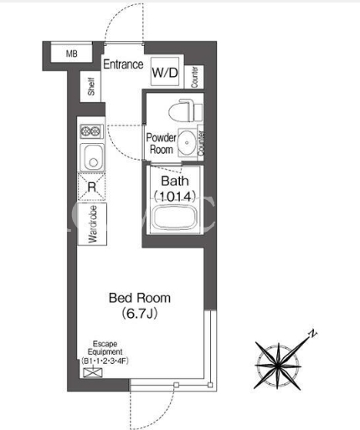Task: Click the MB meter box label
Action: (72, 54)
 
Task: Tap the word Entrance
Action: (123, 64)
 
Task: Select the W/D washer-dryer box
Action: (165, 72)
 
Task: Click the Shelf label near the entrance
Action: (91, 86)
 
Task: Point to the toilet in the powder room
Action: (185, 110)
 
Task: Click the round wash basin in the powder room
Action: (187, 143)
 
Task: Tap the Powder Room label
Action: (162, 144)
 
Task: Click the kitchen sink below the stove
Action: (92, 157)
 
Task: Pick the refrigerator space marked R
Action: (91, 187)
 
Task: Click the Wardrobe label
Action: (93, 224)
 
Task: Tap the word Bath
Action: (175, 182)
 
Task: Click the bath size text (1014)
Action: (175, 197)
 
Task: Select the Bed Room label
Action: (140, 298)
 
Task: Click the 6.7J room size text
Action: (140, 314)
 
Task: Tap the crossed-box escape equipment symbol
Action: (93, 372)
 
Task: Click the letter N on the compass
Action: (313, 333)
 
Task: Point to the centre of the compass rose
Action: (278, 366)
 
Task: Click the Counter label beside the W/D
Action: (194, 77)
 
